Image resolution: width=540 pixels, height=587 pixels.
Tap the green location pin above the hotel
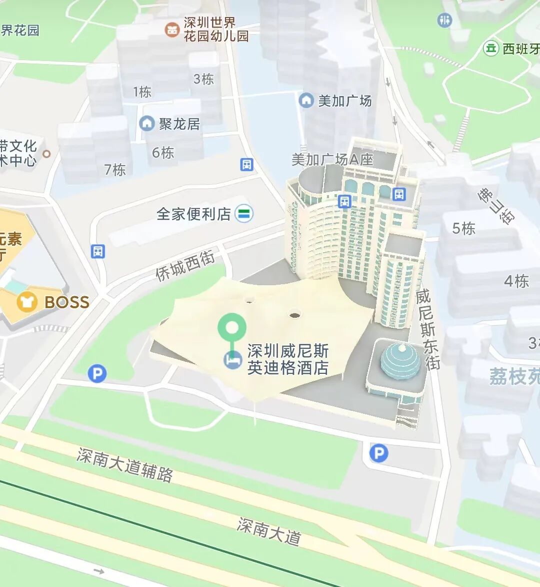point(231,328)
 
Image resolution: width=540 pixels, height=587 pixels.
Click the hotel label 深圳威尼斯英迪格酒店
point(288,359)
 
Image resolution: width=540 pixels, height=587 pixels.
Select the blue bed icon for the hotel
point(232,360)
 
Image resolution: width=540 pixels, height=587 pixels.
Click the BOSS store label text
point(67,302)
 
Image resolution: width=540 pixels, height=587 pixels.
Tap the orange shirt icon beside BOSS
point(26,302)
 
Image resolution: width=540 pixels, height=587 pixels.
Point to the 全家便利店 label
point(193,214)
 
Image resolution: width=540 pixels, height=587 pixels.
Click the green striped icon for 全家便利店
point(244,214)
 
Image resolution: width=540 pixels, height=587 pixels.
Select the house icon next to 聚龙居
point(146,123)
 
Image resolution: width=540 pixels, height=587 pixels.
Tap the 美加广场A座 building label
point(332,160)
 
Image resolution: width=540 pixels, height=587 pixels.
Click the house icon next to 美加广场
point(306,100)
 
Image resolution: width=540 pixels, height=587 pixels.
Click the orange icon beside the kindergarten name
point(172,29)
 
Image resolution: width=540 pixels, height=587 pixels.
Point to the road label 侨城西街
point(185,266)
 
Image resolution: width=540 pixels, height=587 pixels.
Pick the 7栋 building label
point(115,170)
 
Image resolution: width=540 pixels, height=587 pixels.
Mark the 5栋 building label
point(463,228)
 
